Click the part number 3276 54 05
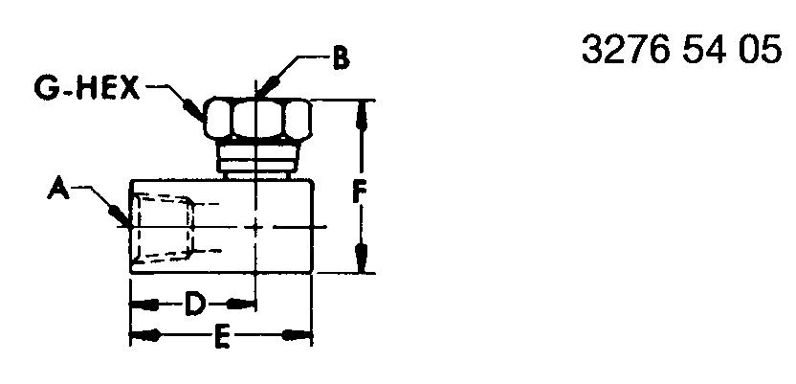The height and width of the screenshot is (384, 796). (681, 50)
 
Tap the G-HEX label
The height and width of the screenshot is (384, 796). (87, 88)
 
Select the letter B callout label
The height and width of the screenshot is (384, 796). (342, 59)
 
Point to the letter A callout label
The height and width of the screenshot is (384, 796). (59, 190)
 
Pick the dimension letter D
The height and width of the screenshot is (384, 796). (194, 305)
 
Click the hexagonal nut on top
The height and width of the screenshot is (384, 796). (257, 119)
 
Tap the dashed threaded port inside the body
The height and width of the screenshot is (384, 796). (163, 227)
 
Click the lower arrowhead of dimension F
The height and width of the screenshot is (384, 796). (361, 258)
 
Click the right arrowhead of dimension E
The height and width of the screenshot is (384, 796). (297, 336)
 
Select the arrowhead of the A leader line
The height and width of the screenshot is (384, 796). (120, 215)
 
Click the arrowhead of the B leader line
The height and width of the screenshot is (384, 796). (268, 85)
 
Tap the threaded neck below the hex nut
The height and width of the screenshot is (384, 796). (257, 158)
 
